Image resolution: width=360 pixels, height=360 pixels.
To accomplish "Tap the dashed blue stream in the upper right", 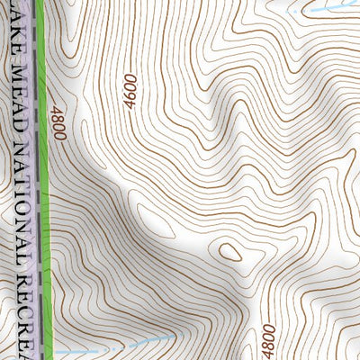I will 328,6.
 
